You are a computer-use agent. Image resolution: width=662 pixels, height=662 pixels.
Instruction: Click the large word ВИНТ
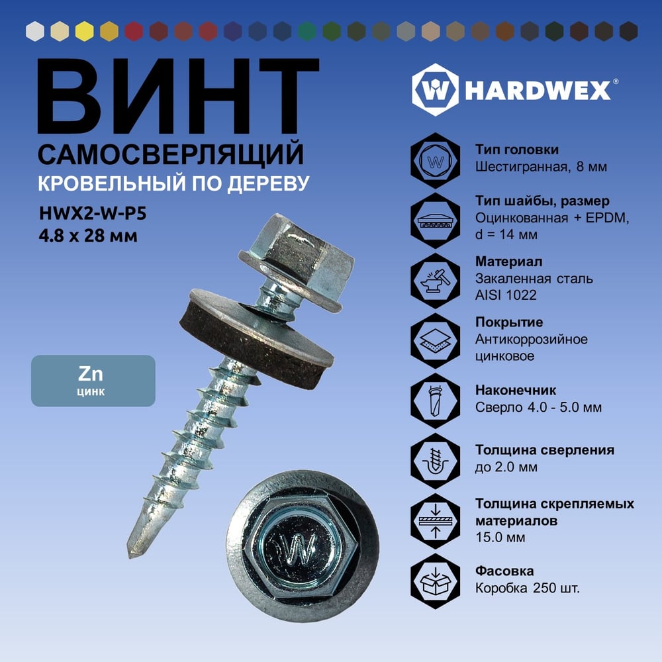point(177,96)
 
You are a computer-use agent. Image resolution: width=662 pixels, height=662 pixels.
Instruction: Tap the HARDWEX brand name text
point(538,90)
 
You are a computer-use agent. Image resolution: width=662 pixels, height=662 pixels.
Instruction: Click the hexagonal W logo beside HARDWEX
point(436,89)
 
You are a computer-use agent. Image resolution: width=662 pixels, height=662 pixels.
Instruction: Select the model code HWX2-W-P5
point(93,214)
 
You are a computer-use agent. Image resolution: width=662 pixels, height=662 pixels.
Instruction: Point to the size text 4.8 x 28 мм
point(88,236)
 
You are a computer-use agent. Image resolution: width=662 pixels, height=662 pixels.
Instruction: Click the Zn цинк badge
point(93,381)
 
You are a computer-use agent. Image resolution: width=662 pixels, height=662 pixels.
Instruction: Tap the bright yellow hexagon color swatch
point(85,31)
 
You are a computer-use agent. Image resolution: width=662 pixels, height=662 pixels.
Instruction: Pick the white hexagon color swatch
point(34,31)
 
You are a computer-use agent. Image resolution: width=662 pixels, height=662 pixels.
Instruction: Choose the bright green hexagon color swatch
point(307,31)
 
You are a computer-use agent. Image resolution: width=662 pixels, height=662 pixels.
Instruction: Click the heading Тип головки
point(517,150)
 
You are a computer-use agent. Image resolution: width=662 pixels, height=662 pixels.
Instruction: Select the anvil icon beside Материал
point(436,280)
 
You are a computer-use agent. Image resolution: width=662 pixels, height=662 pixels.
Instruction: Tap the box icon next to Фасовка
point(436,581)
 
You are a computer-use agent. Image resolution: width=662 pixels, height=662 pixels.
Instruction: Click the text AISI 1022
point(506,295)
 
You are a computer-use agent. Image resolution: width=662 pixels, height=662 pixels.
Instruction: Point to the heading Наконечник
point(516,390)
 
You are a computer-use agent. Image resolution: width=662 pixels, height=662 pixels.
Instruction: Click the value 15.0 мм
point(500,538)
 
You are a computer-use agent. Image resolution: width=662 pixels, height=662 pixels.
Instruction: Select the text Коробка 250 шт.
point(528,588)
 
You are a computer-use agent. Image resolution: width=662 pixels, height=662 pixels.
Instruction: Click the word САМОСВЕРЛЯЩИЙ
point(171,154)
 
